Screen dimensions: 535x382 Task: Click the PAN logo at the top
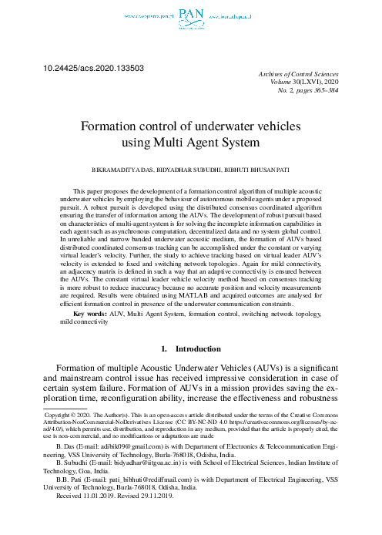(x=190, y=13)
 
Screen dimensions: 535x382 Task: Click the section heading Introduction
(x=199, y=350)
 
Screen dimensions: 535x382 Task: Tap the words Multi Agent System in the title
(x=209, y=143)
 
